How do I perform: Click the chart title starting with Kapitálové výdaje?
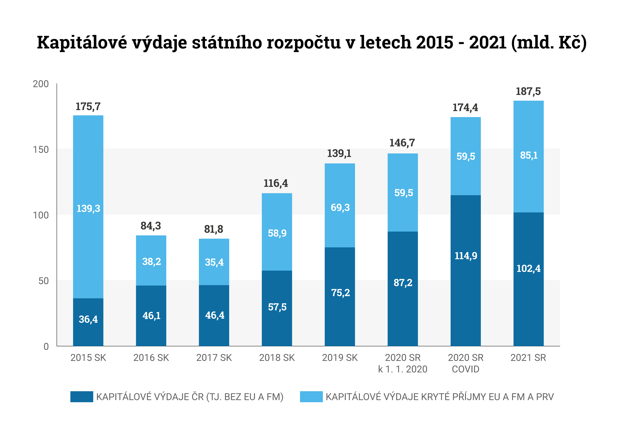(x=311, y=43)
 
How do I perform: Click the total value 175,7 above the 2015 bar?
(x=88, y=107)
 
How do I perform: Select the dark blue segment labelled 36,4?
(x=88, y=322)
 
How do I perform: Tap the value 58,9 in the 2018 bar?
(x=277, y=233)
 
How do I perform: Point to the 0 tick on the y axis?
(x=46, y=346)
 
